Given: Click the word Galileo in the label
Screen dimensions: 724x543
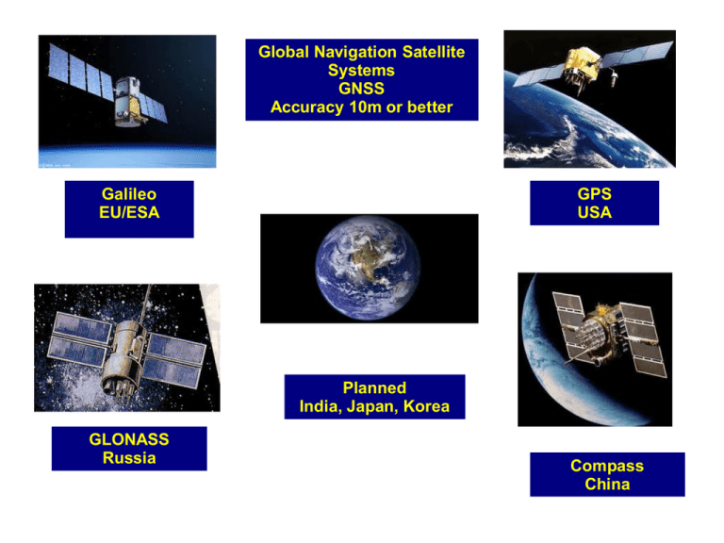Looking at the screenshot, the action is (129, 194).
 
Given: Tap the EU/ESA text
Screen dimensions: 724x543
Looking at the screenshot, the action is (129, 212).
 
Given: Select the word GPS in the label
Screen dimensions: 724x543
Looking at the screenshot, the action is (594, 194).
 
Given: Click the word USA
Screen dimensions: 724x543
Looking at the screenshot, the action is (594, 212).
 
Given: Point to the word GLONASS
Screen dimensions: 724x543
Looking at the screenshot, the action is (129, 439).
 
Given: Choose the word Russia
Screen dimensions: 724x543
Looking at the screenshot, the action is (129, 458).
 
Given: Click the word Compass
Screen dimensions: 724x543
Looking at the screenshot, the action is (607, 467).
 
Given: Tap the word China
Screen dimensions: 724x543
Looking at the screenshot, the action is (607, 485).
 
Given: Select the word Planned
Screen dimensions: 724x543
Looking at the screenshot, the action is (374, 387).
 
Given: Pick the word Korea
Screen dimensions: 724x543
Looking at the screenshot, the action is (426, 406).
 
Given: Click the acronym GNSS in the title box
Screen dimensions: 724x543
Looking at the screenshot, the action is (361, 89).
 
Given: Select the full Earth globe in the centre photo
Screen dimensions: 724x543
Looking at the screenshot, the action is (368, 268).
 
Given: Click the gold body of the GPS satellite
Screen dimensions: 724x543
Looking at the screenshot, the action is (582, 65).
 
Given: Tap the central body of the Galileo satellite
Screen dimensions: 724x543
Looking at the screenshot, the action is (127, 103).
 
